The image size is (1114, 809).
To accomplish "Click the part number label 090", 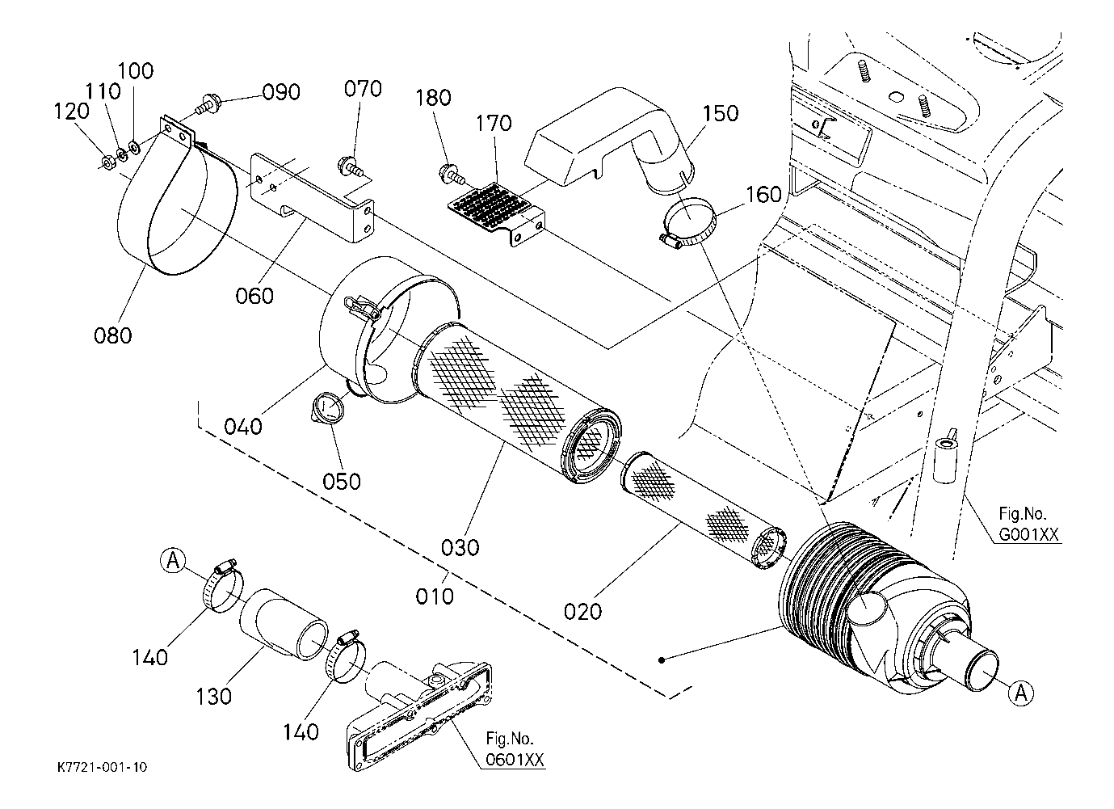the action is click(x=281, y=93).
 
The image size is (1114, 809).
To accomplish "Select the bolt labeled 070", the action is click(x=349, y=166).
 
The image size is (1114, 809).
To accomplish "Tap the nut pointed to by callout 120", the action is click(x=107, y=162).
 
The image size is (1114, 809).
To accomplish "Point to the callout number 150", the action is click(x=720, y=114).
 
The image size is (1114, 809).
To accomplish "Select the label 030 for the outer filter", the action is click(x=460, y=548).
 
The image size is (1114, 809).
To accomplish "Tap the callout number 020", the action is click(x=583, y=612).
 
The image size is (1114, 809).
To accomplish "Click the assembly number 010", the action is click(x=435, y=596).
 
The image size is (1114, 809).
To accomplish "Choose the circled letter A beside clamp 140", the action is click(x=173, y=561).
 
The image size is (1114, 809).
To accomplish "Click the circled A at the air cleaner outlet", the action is click(x=1021, y=692).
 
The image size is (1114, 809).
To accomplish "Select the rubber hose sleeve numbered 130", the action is click(x=284, y=625).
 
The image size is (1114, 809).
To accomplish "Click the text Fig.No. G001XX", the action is click(x=1028, y=524).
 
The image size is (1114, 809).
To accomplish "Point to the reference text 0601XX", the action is click(x=515, y=760).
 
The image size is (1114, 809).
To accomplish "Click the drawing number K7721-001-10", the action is click(x=103, y=767).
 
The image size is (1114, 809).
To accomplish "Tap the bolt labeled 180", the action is click(x=452, y=173).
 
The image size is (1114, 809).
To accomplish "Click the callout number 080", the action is click(x=113, y=336).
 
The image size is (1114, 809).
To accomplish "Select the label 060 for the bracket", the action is click(x=254, y=297).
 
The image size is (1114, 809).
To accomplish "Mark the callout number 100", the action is click(x=136, y=71).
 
